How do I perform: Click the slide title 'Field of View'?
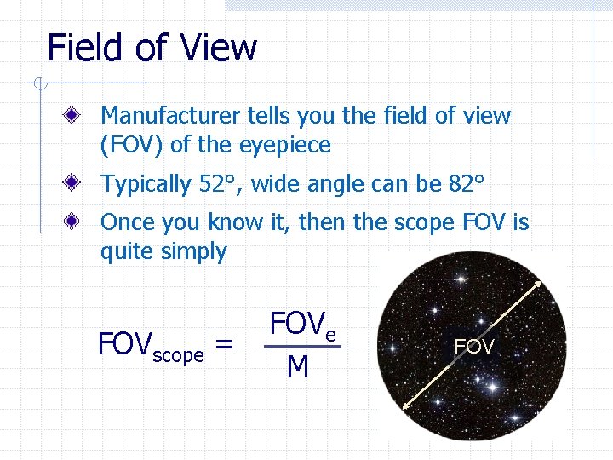pyautogui.click(x=152, y=48)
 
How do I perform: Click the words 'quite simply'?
pyautogui.click(x=163, y=252)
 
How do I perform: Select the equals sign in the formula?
pyautogui.click(x=224, y=345)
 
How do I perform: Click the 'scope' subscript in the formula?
pyautogui.click(x=178, y=354)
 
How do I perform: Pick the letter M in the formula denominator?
pyautogui.click(x=298, y=367)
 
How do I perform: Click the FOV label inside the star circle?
pyautogui.click(x=474, y=347)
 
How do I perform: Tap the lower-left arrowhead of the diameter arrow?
pyautogui.click(x=406, y=408)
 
